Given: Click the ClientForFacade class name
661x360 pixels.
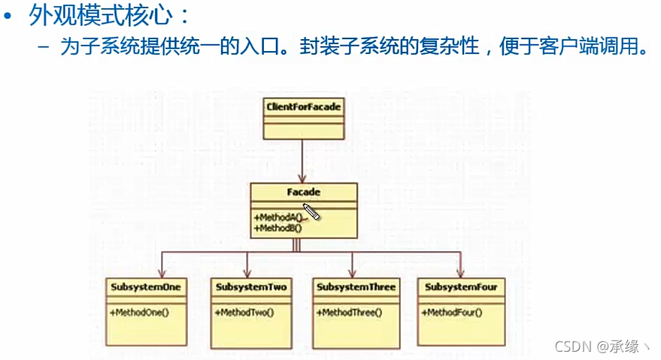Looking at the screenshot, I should pos(304,107).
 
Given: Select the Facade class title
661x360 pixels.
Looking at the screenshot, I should pos(304,193).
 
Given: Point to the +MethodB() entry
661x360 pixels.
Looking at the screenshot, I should pos(277,226).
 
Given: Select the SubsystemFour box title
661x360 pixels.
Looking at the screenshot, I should pos(461,287).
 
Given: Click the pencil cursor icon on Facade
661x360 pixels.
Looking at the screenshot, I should pos(312,212).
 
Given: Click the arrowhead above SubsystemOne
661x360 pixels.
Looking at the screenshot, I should pos(162,272).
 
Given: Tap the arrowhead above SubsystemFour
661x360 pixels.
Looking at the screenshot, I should pos(459,272).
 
